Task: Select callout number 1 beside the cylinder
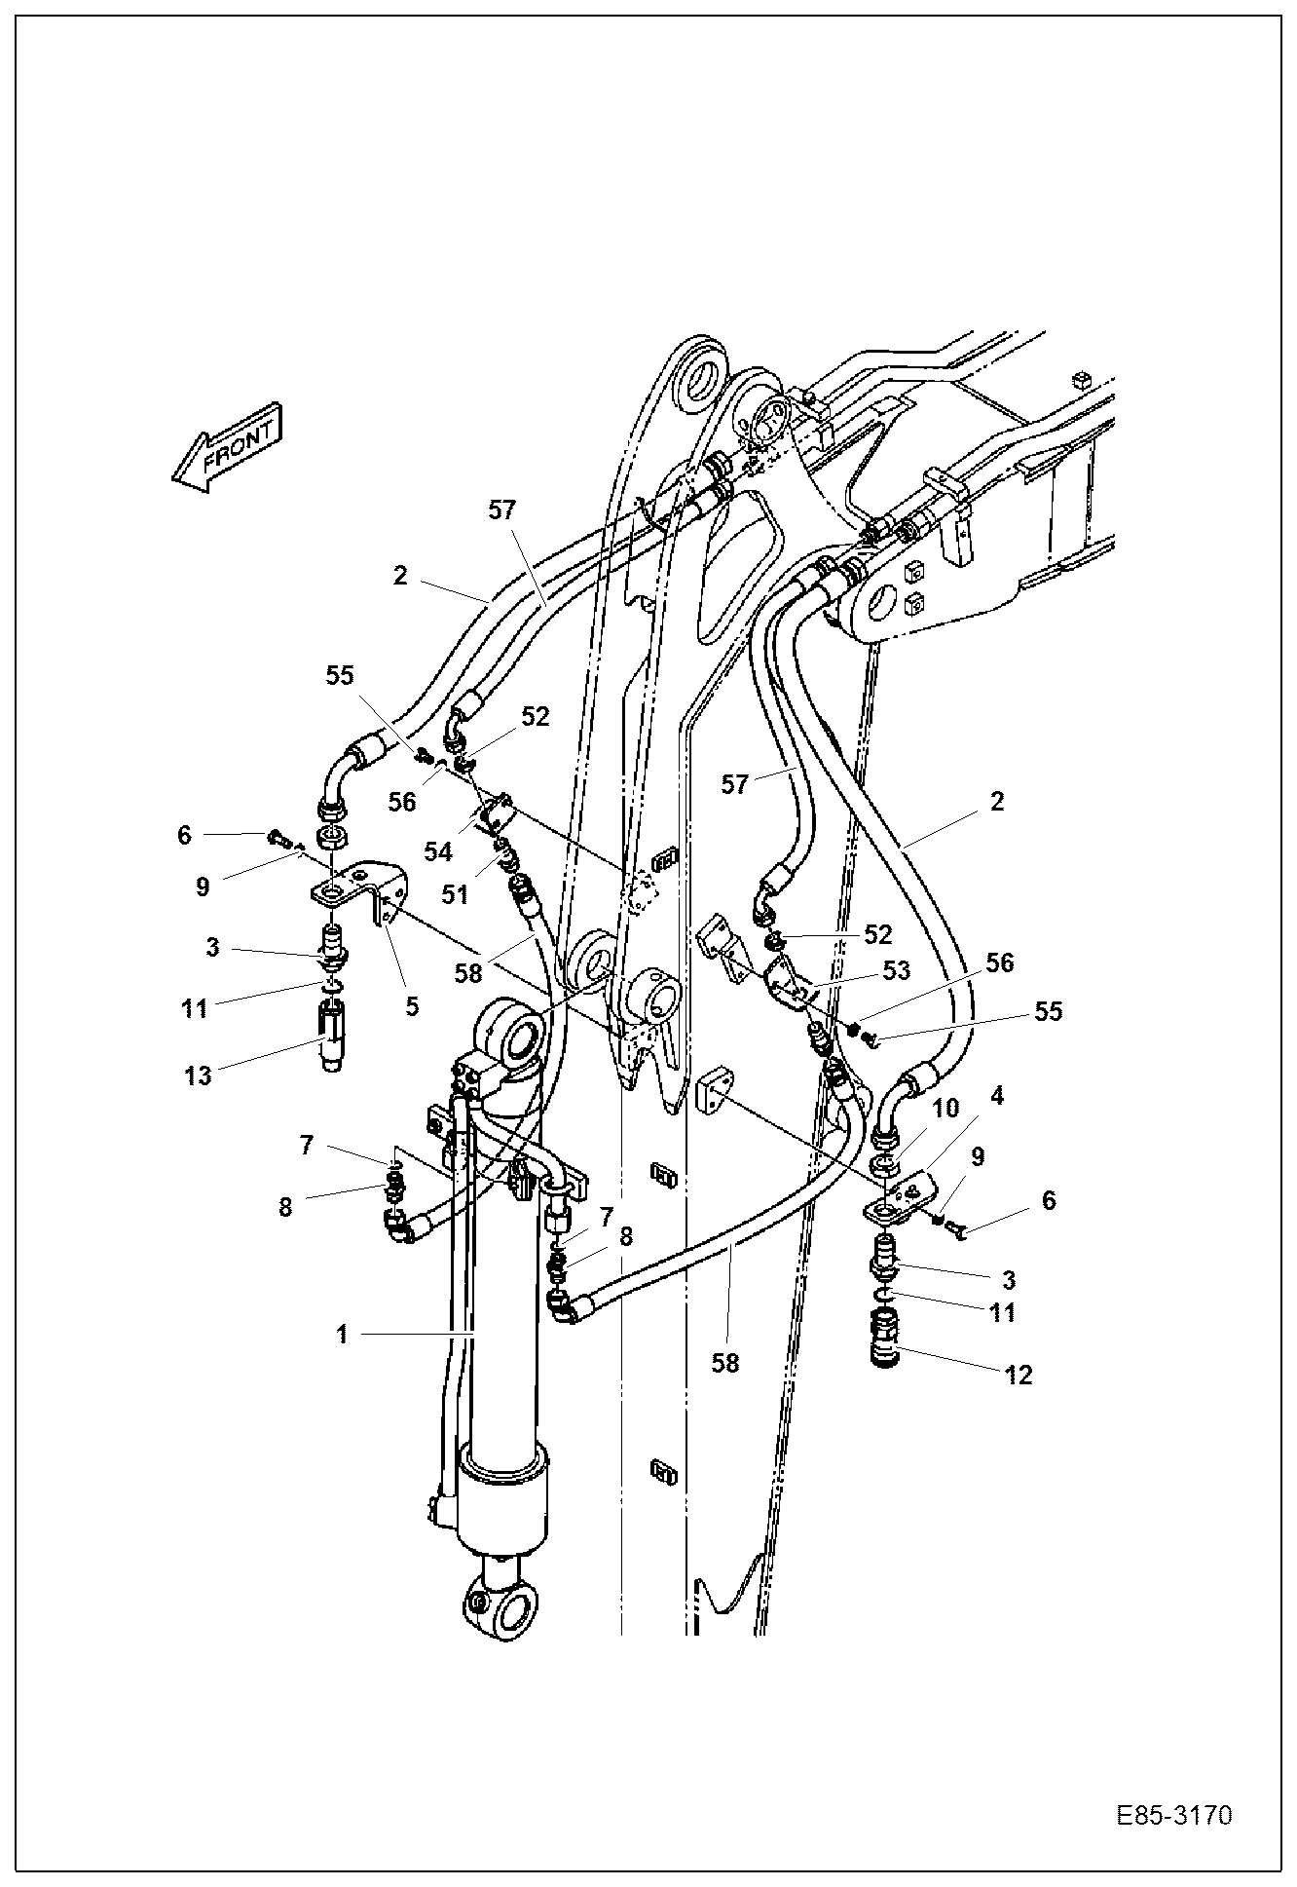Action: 342,1334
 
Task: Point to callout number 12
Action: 1019,1375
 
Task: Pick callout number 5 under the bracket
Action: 412,1005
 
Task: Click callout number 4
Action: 995,1097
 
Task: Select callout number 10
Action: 945,1109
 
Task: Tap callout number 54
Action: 438,851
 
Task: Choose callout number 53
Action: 896,970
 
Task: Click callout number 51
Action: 455,894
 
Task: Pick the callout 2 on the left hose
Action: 400,575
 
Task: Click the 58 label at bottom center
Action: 725,1363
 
